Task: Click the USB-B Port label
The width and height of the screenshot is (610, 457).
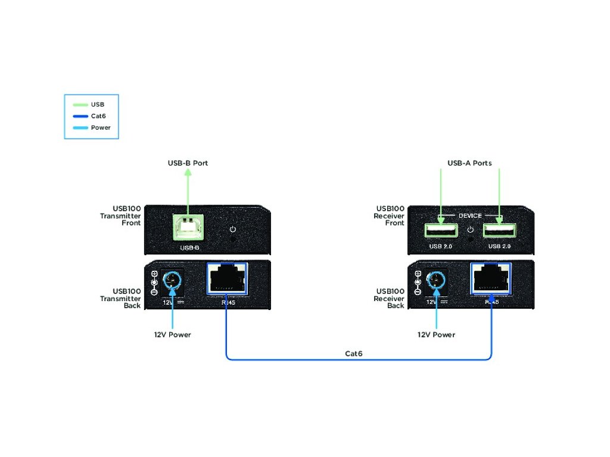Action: (188, 163)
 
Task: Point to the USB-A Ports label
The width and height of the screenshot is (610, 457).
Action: (469, 163)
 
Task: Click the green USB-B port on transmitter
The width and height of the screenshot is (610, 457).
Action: (188, 228)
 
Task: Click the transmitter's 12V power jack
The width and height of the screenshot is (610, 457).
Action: (172, 279)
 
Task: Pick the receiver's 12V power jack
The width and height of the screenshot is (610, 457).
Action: (437, 279)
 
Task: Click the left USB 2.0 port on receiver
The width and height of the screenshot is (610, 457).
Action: (440, 231)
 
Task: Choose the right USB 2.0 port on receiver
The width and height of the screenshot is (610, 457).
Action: (499, 231)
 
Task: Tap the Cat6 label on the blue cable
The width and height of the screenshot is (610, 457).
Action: (354, 353)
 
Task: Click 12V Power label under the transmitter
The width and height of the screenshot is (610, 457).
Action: (172, 335)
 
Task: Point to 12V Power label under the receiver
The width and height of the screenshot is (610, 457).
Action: (436, 335)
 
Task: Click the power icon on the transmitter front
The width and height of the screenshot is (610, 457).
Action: (233, 230)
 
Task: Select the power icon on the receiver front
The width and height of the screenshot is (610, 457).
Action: (470, 230)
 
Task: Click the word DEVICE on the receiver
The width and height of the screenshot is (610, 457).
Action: (469, 215)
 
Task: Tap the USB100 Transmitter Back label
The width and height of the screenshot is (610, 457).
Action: (120, 299)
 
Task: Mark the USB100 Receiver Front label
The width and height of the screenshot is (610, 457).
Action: (389, 216)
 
